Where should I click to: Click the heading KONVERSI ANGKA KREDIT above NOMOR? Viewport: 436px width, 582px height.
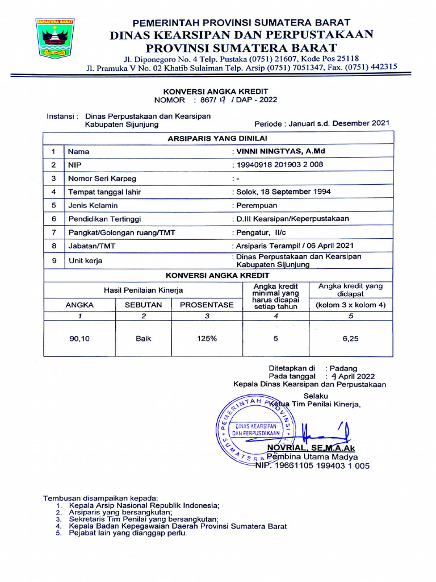(215, 91)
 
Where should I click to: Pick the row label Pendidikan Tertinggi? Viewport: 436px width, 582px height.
(104, 219)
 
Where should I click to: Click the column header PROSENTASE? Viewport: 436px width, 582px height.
(207, 305)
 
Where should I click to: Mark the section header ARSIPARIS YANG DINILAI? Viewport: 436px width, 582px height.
(218, 138)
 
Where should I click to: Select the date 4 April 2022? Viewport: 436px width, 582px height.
(353, 376)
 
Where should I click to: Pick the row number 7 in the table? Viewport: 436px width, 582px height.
(53, 232)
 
